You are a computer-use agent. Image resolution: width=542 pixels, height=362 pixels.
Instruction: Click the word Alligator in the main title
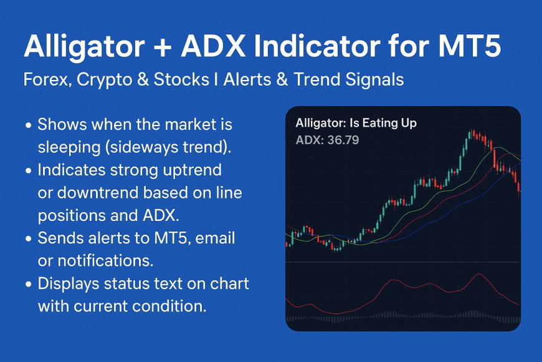(84, 47)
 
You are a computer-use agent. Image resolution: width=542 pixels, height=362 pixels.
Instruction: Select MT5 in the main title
(470, 46)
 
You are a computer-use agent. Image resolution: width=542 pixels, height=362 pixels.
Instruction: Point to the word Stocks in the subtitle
(181, 79)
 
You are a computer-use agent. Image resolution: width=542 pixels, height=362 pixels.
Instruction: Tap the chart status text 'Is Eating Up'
(383, 123)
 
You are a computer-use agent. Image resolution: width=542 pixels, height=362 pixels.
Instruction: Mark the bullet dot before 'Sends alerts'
(28, 238)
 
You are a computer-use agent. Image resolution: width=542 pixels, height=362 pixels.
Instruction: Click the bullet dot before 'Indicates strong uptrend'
(28, 171)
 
